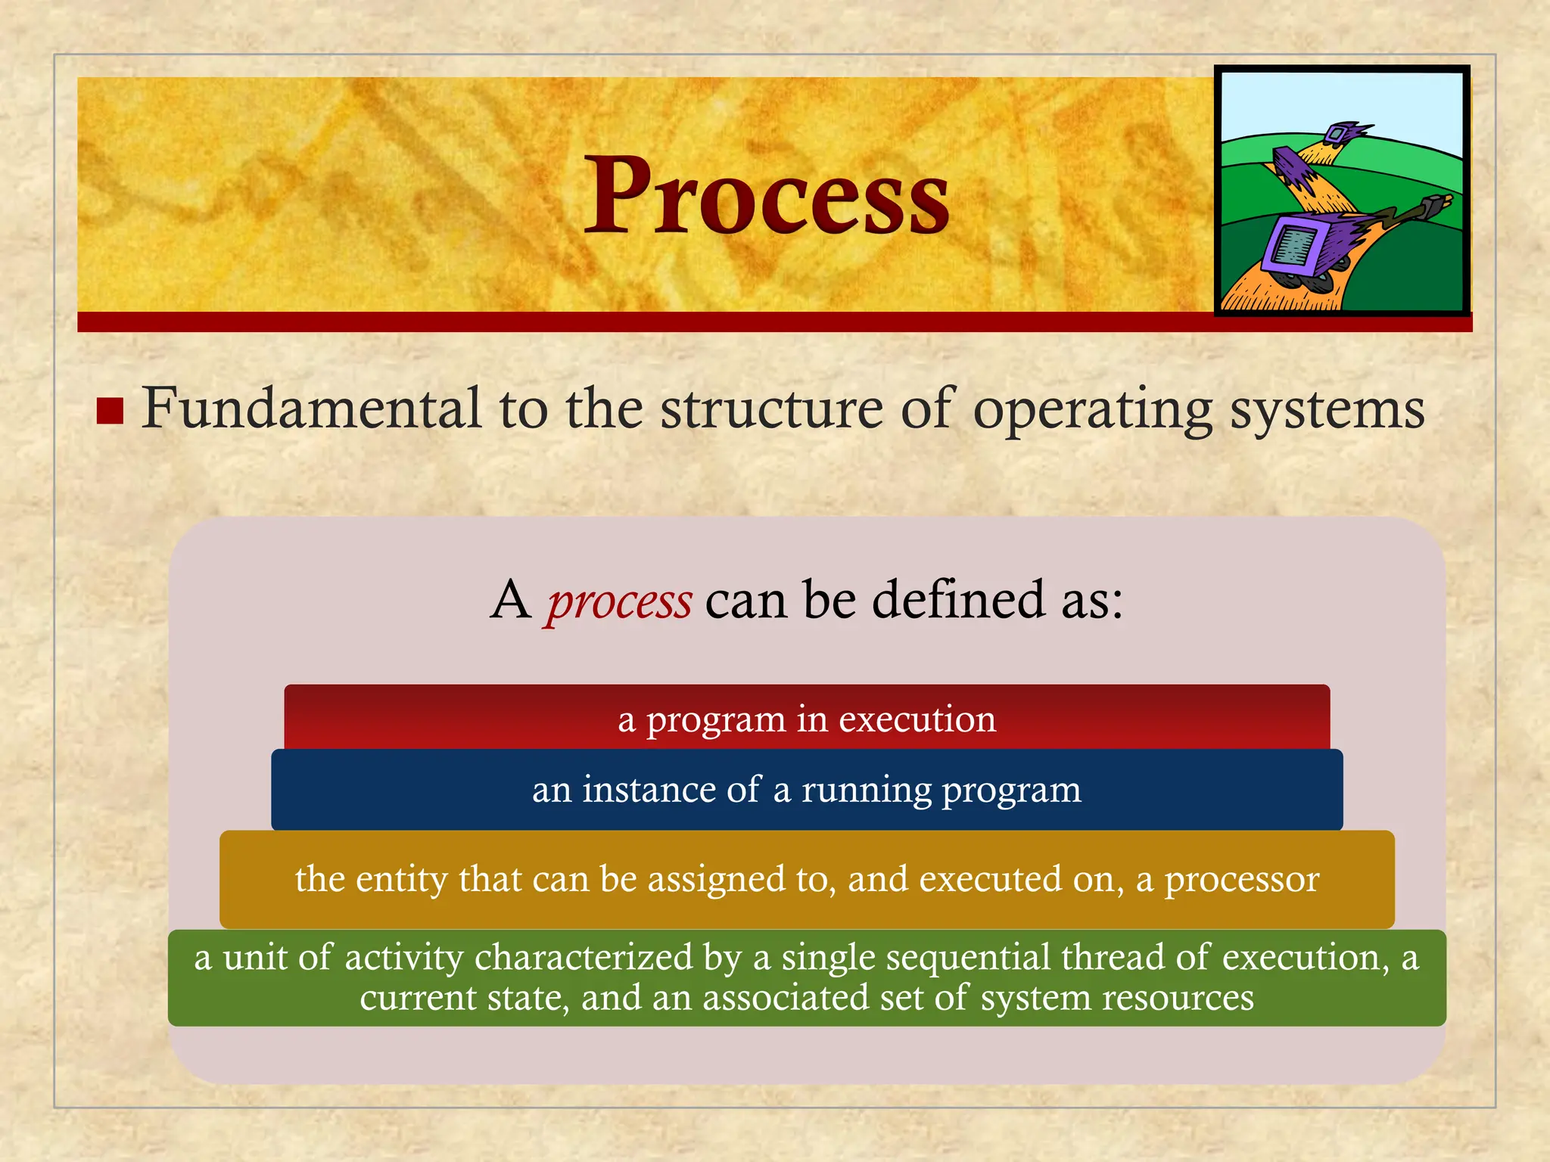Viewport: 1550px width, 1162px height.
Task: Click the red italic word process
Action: coord(619,602)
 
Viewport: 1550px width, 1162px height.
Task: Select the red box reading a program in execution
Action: coord(807,718)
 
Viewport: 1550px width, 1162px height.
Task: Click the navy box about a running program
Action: coord(807,790)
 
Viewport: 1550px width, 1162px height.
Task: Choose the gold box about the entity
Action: coord(807,879)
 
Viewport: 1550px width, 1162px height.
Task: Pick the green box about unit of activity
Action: coord(807,977)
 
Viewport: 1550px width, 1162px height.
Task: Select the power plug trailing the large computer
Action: coord(1435,204)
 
